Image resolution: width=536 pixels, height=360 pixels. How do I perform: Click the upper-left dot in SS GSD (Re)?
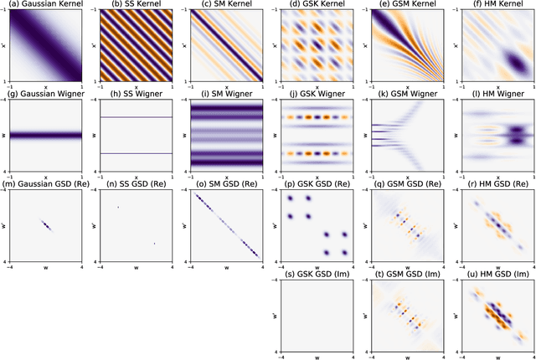click(119, 207)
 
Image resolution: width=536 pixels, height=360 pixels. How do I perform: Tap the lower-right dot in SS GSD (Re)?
click(155, 244)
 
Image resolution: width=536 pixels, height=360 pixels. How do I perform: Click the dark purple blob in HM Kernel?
click(507, 60)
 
